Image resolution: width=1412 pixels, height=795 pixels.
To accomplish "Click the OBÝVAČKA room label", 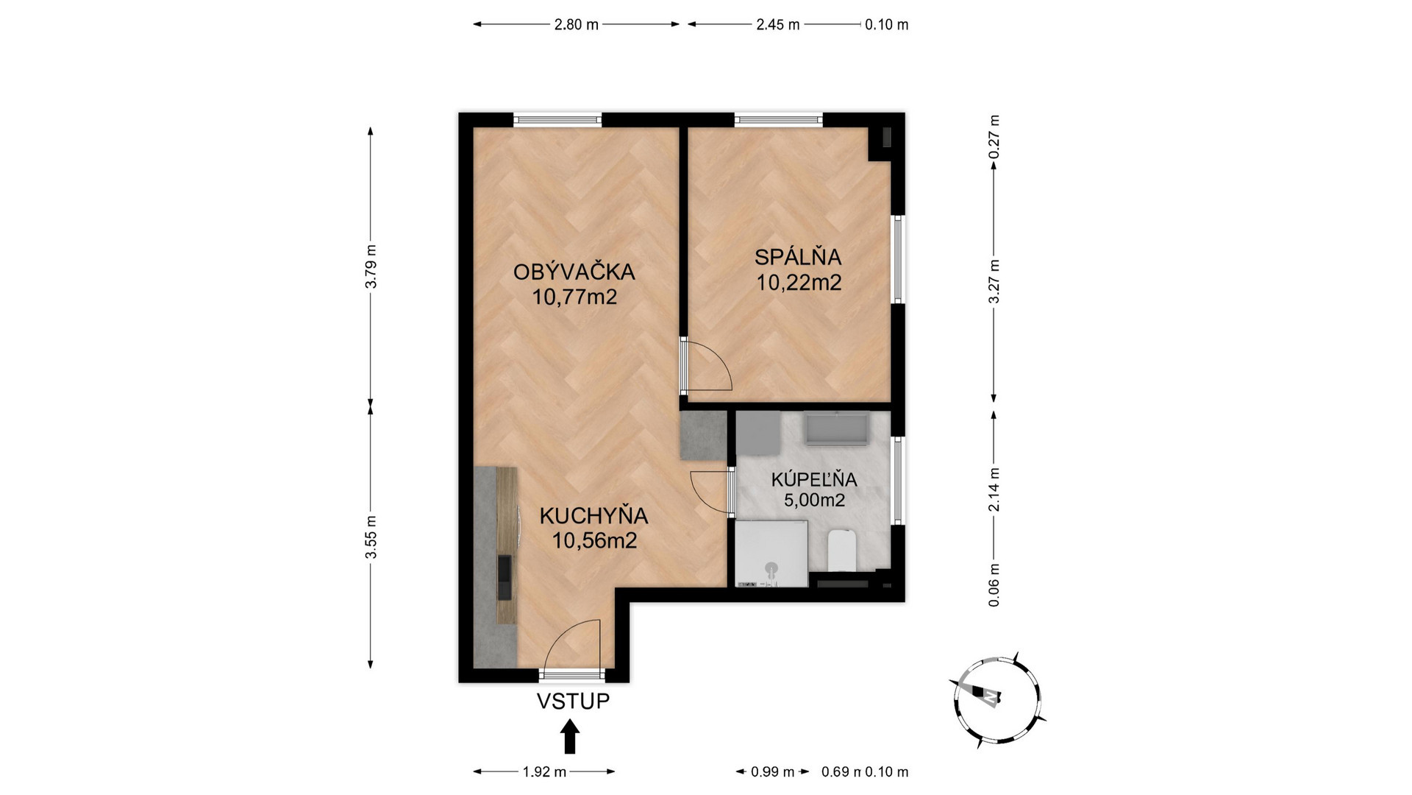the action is pyautogui.click(x=574, y=272).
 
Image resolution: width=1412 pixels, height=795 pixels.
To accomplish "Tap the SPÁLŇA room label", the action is pyautogui.click(x=798, y=257).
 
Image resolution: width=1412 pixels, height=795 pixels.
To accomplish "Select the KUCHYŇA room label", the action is pyautogui.click(x=593, y=515).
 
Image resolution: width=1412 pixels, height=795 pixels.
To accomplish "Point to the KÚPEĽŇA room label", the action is pyautogui.click(x=814, y=479).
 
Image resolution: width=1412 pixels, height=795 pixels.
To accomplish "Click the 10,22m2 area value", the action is pyautogui.click(x=799, y=282).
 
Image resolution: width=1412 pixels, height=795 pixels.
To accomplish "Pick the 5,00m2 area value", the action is pyautogui.click(x=814, y=501).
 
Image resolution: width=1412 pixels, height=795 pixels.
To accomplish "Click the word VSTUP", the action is pyautogui.click(x=573, y=701).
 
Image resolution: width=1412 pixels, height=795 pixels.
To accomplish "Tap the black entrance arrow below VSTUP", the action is pyautogui.click(x=570, y=736).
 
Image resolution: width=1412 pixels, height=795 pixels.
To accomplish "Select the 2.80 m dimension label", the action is pyautogui.click(x=576, y=24).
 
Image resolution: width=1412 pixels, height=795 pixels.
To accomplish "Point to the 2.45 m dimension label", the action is pyautogui.click(x=778, y=24).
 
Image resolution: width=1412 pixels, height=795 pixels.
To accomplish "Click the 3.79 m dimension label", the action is pyautogui.click(x=371, y=266).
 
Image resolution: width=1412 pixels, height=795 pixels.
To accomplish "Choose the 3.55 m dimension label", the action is pyautogui.click(x=371, y=536).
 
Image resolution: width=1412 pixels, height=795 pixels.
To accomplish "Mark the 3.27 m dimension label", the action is pyautogui.click(x=994, y=280).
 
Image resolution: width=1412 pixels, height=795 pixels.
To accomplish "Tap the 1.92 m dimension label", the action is pyautogui.click(x=544, y=772).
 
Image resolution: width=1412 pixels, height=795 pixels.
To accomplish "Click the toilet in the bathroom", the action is pyautogui.click(x=841, y=551).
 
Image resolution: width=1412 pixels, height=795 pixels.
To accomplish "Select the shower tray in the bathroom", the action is pyautogui.click(x=771, y=554).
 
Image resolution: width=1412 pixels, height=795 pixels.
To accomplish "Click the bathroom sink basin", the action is pyautogui.click(x=837, y=428).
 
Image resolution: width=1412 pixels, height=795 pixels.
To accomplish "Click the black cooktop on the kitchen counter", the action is pyautogui.click(x=504, y=578).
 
